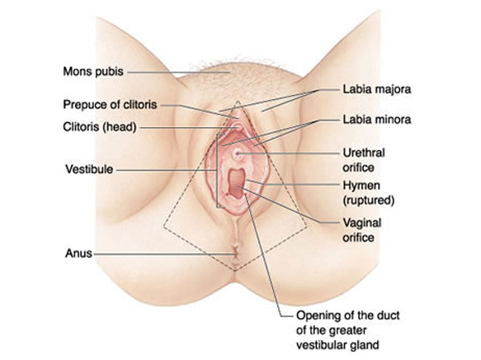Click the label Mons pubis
93,72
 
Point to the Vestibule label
89,169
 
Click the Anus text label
78,253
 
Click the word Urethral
364,153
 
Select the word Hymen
361,186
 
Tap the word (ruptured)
369,201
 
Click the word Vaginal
361,223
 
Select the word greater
348,331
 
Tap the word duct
389,315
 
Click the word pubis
109,72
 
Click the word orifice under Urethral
358,168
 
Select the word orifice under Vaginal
358,238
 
